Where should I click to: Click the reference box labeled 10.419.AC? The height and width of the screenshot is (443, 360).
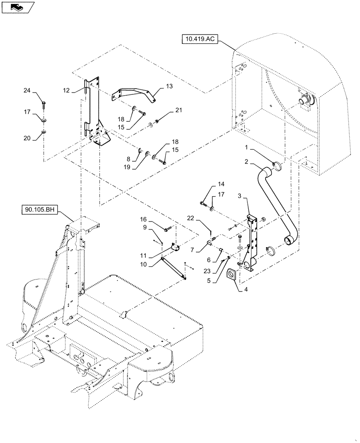200,39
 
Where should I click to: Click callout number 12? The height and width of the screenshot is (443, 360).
66,90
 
